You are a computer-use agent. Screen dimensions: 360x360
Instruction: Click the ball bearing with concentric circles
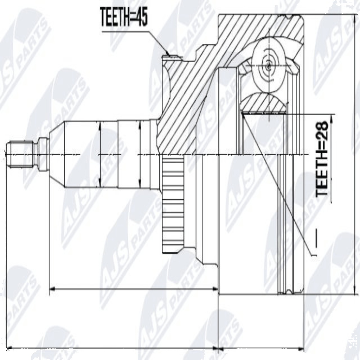point(269,65)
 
